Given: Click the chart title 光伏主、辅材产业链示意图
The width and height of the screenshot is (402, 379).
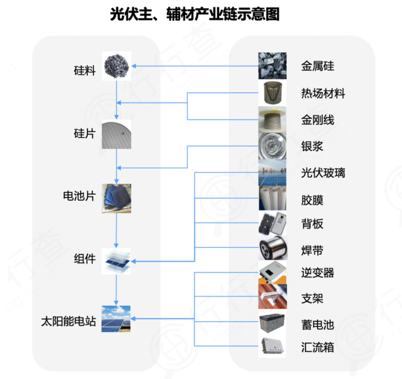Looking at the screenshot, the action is click(x=195, y=14).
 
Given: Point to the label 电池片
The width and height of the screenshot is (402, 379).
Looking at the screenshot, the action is click(x=79, y=196).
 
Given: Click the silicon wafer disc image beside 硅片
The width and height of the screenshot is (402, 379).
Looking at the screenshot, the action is click(x=117, y=134).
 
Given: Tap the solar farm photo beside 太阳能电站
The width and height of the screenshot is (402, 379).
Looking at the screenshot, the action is click(x=117, y=319).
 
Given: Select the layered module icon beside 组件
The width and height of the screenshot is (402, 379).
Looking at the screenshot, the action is click(x=117, y=261).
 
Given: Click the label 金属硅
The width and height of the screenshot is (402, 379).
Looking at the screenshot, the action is click(x=318, y=66).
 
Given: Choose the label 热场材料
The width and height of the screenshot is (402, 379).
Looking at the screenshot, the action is click(x=323, y=93).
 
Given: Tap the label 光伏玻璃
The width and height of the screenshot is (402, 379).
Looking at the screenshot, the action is click(x=323, y=173).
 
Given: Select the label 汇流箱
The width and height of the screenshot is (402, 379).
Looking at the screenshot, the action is click(x=318, y=347).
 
